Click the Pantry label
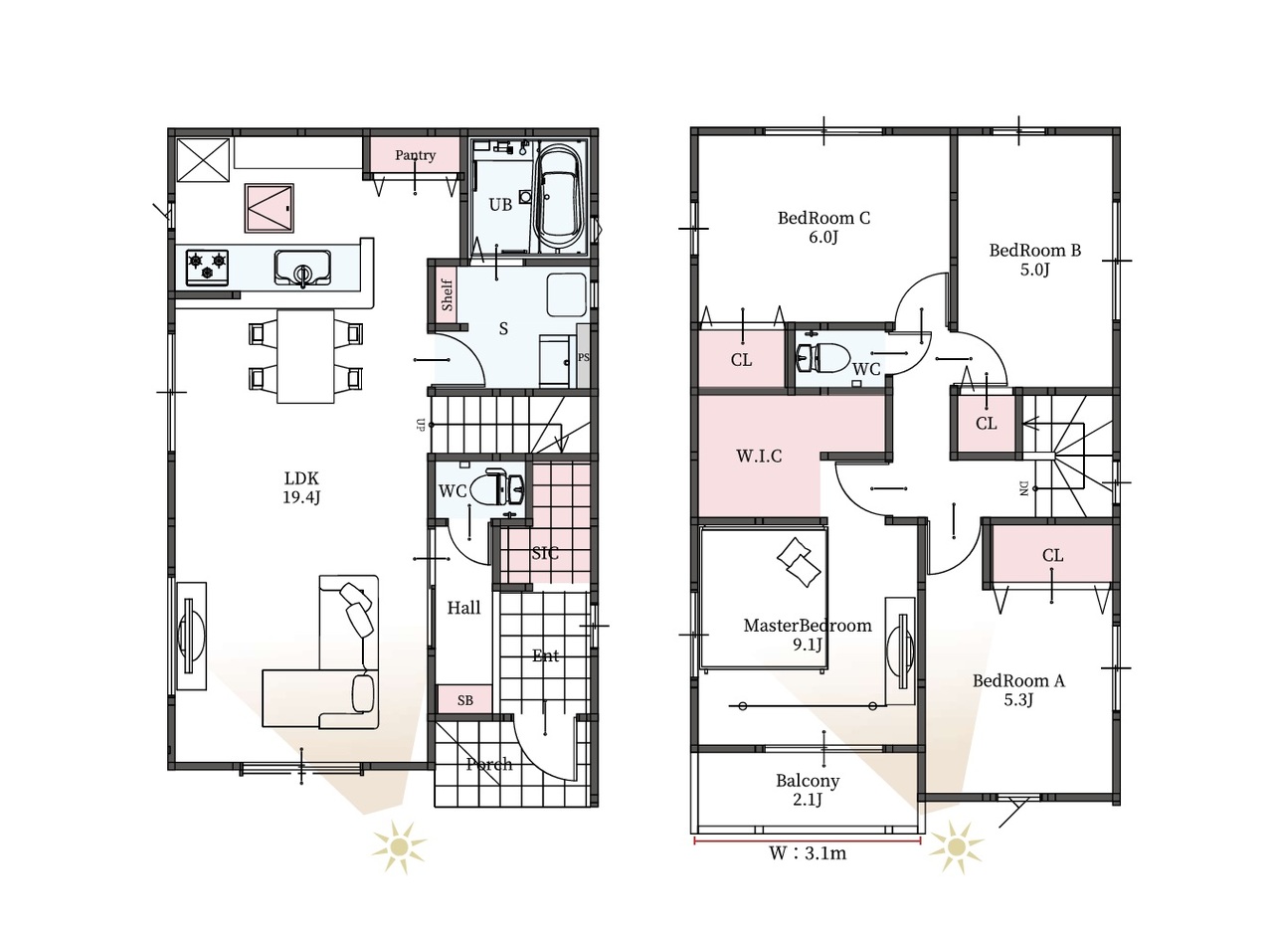pyautogui.click(x=415, y=155)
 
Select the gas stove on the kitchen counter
pyautogui.click(x=207, y=268)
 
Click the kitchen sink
pyautogui.click(x=302, y=269)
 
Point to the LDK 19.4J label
pyautogui.click(x=301, y=487)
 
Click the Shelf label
pyautogui.click(x=448, y=295)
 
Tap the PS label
pyautogui.click(x=584, y=358)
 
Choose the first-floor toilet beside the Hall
pyautogui.click(x=497, y=486)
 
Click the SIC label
pyautogui.click(x=545, y=553)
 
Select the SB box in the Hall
pyautogui.click(x=464, y=700)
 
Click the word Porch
pyautogui.click(x=489, y=765)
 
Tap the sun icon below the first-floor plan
pyautogui.click(x=400, y=847)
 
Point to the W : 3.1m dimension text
pyautogui.click(x=808, y=853)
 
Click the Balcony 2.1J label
pyautogui.click(x=808, y=790)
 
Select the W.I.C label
pyautogui.click(x=759, y=456)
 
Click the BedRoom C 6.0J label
pyautogui.click(x=823, y=227)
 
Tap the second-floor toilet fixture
pyautogui.click(x=822, y=358)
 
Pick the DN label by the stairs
pyautogui.click(x=1024, y=488)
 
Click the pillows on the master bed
pyautogui.click(x=799, y=562)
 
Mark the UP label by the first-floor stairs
pyautogui.click(x=421, y=425)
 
